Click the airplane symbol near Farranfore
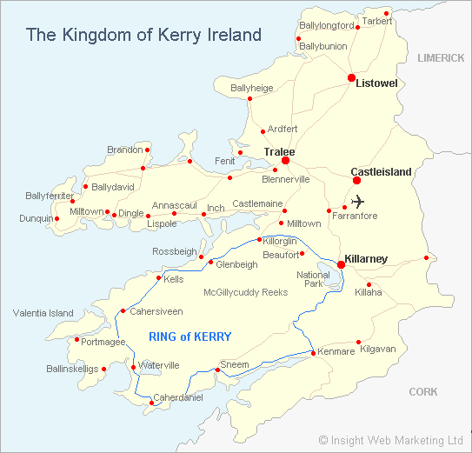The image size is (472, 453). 356,202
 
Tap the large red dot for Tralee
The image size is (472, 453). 285,160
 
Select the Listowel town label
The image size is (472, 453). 376,83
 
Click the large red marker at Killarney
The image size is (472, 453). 341,265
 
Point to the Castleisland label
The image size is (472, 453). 381,172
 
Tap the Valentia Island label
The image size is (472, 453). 43,313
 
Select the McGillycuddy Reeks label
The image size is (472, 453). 245,292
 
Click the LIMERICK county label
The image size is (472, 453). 441,57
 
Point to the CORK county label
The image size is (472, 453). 423,392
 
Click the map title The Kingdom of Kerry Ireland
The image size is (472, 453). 143,35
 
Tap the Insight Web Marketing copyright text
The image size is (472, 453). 390,440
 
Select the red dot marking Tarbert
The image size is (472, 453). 386,13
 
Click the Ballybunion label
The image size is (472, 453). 322,45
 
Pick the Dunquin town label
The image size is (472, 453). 36,218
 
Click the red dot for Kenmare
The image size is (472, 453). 312,352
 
